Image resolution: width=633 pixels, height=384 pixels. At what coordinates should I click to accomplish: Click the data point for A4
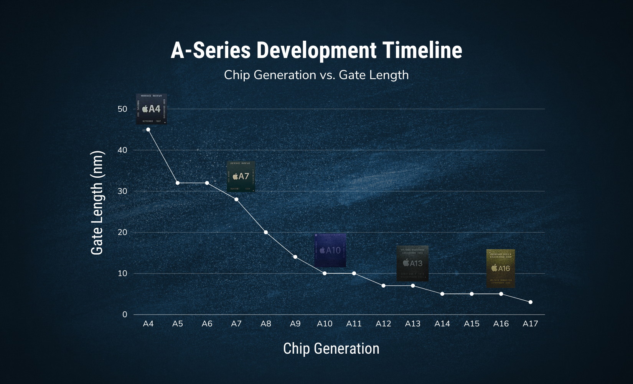[x=148, y=129]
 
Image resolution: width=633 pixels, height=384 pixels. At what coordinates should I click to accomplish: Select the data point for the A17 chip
[x=531, y=302]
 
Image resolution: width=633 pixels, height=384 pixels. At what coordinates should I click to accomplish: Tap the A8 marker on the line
[x=266, y=232]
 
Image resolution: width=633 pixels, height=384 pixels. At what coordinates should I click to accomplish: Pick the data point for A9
[x=295, y=257]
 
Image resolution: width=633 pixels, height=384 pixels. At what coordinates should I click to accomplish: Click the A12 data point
[x=383, y=286]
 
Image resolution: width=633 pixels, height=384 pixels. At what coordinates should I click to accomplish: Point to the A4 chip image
[x=152, y=109]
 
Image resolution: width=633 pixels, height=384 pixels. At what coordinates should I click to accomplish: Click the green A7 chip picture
[x=241, y=176]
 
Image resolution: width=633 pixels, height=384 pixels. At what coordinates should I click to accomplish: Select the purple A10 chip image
[x=330, y=250]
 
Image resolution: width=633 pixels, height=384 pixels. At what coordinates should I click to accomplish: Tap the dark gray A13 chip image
[x=412, y=263]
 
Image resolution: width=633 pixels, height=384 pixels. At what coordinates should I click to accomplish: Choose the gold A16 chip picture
[x=501, y=268]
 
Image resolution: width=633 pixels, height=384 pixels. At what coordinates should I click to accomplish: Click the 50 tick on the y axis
[x=122, y=109]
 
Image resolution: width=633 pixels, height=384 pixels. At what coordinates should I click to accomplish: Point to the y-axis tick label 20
[x=122, y=232]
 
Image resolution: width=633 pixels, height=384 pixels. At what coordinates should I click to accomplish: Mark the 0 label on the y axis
[x=125, y=314]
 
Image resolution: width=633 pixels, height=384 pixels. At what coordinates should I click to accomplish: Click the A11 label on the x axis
[x=354, y=324]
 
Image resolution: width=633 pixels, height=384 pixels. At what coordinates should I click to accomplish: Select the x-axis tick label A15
[x=471, y=324]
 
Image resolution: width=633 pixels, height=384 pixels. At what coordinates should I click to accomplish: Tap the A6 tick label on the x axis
[x=207, y=324]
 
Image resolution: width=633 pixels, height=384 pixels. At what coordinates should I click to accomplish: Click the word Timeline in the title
[x=422, y=50]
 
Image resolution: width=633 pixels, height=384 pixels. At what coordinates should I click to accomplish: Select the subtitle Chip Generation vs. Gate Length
[x=316, y=75]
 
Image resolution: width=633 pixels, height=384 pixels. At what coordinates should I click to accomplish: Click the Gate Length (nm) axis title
[x=97, y=203]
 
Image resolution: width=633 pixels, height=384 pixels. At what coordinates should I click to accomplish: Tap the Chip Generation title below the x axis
[x=331, y=349]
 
